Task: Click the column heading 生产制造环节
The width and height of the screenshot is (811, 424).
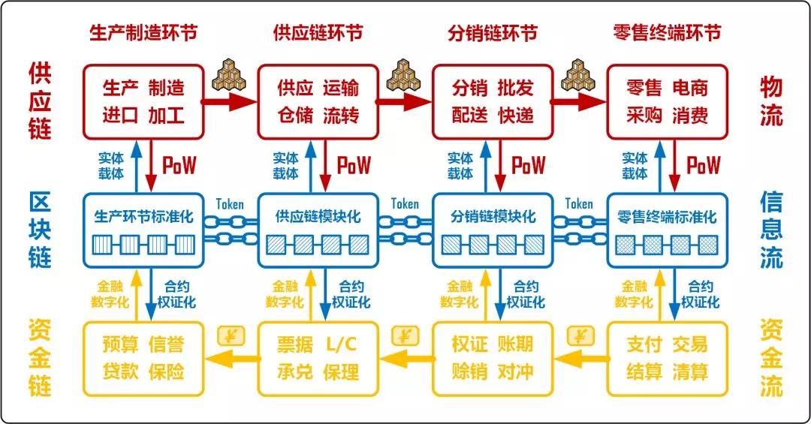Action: pos(143,32)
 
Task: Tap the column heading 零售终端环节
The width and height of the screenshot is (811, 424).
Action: pos(668,32)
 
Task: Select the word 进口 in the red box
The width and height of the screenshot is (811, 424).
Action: pos(120,115)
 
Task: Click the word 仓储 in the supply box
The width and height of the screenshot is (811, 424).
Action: pos(295,115)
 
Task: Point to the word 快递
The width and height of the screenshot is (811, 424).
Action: pos(516,115)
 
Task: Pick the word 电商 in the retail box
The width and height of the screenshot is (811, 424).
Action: pos(690,88)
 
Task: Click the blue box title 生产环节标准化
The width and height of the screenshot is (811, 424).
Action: pos(143,216)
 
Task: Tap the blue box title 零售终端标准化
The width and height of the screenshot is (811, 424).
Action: pos(668,216)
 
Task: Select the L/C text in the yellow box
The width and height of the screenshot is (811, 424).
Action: pos(342,344)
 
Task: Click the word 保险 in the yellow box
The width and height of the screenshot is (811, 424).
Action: pos(166,371)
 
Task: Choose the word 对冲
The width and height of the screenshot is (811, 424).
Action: pos(516,371)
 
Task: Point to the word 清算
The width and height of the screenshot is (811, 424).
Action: pos(690,371)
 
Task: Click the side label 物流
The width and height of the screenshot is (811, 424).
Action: pos(771,101)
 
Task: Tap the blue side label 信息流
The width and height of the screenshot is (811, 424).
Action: pos(771,230)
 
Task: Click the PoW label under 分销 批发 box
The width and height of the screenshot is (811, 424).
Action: pos(528,165)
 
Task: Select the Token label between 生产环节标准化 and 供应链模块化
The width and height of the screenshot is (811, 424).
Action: pos(230,204)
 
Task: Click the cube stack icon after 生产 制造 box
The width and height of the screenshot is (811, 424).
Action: pos(229,75)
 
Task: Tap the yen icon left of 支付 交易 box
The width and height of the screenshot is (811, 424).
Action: pos(580,336)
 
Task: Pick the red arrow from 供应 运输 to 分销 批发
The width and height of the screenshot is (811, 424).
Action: pos(405,101)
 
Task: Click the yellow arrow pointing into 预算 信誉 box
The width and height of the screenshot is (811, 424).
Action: pos(231,358)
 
